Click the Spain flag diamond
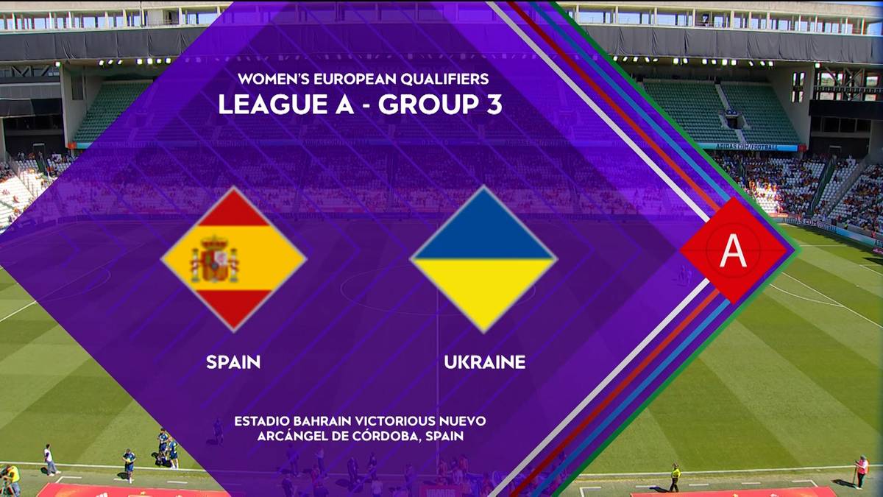(x=233, y=259)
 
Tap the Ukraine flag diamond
(x=483, y=259)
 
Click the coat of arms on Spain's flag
(x=214, y=259)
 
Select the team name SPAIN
(x=233, y=362)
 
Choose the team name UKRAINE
(x=484, y=362)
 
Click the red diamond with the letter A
(x=733, y=250)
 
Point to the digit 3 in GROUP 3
(x=494, y=104)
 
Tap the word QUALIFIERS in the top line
(x=444, y=79)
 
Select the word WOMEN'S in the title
(x=274, y=79)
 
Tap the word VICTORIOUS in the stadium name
(x=395, y=421)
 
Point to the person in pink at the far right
(x=862, y=472)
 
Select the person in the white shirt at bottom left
(x=50, y=459)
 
